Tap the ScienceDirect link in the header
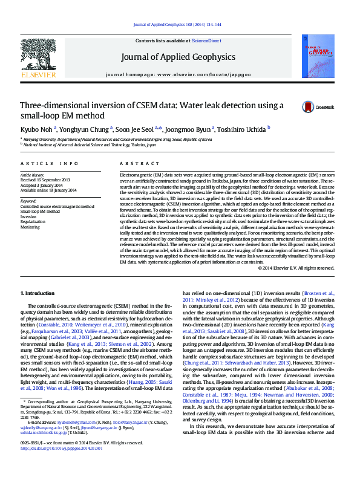pos(206,40)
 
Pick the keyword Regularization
pos(33,221)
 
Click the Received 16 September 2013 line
pos(47,180)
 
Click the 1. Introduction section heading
pos(38,293)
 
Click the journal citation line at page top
pos(180,24)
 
